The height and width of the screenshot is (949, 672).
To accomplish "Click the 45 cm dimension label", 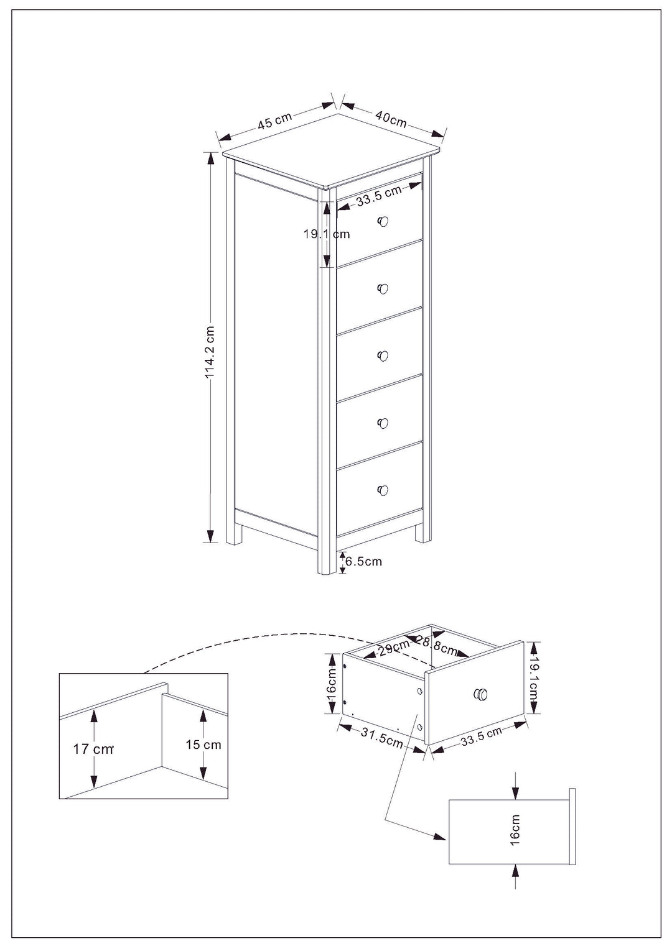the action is click(x=275, y=122).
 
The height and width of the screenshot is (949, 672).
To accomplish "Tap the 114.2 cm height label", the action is click(x=210, y=352).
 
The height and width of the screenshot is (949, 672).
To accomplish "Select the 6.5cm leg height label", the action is click(x=363, y=561).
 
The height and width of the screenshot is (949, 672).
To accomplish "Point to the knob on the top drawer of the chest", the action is click(x=383, y=221).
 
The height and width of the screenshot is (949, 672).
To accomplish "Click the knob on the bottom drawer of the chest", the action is click(x=383, y=490).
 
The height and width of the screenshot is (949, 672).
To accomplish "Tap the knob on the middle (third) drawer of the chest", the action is click(x=383, y=356).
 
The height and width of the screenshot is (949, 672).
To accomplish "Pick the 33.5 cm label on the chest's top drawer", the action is click(x=379, y=196).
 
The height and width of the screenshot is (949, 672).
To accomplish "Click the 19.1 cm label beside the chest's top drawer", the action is click(x=327, y=234).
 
